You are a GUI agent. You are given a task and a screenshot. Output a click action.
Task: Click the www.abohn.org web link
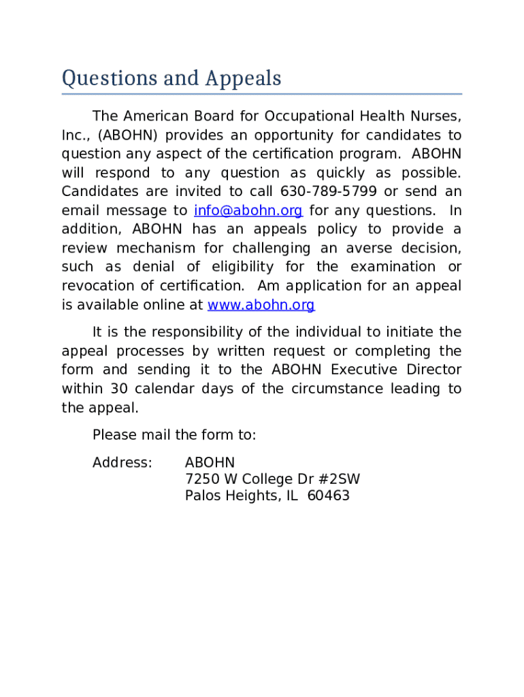coord(261,306)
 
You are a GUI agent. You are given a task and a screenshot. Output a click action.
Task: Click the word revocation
coord(99,286)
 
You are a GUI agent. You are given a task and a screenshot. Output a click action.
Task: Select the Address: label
coord(122,463)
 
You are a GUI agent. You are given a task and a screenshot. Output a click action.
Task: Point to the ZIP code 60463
coord(328,496)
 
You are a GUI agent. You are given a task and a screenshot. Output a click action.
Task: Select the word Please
coord(113,435)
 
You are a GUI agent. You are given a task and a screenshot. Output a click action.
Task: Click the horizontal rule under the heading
coord(262,94)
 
